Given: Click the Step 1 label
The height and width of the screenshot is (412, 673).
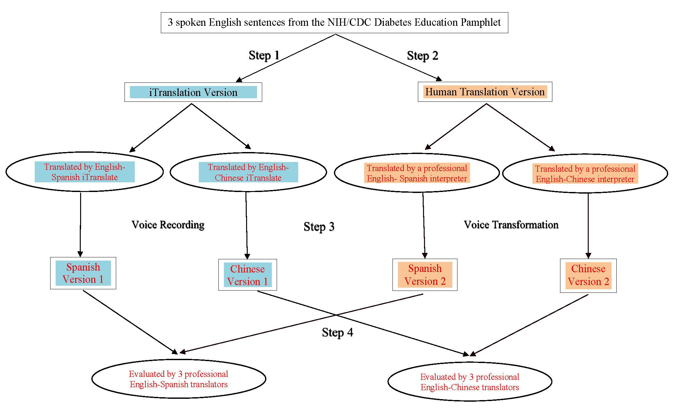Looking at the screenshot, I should pos(264,55).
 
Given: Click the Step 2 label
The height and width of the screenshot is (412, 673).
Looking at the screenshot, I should pos(422,56).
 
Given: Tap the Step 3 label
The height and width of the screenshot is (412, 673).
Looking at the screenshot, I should pos(319,227).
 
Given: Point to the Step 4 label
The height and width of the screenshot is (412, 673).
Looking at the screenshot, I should pos(337,332).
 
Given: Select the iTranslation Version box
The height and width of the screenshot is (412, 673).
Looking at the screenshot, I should pos(193,92).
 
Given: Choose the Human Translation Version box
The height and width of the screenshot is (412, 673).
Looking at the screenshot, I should pos(485,92).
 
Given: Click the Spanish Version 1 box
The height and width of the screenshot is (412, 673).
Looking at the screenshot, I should pos(83,273).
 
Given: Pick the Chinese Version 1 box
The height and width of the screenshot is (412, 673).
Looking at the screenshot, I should pos(247,275).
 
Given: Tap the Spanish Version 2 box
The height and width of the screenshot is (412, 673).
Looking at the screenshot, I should pos(425,275).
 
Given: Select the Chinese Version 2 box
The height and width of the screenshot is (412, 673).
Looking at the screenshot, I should pos(588,275).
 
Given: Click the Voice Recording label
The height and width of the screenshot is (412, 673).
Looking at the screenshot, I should pos(168,225).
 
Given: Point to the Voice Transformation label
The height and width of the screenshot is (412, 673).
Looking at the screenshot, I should pos(511,225).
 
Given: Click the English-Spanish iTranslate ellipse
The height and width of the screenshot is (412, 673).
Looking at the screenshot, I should pos(85,172).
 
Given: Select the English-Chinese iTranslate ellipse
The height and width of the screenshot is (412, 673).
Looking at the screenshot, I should pos(248,172).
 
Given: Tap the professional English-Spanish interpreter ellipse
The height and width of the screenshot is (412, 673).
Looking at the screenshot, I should pos(417,173).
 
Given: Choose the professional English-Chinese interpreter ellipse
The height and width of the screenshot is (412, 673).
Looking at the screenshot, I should pos(585,174).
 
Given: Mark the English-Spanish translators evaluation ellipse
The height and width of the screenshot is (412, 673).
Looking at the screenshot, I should pos(179,379).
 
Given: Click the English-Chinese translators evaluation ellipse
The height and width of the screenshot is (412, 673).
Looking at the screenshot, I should pos(470,382).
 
